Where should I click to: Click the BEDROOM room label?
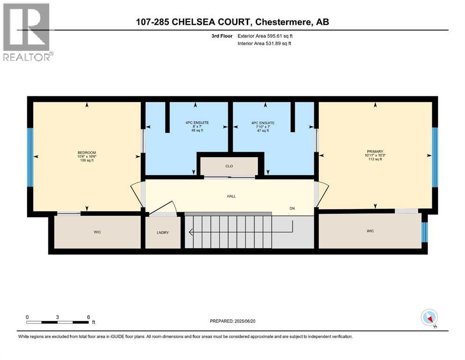(x=87, y=153)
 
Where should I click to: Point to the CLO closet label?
(x=229, y=166)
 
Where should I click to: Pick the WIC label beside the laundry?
(x=97, y=231)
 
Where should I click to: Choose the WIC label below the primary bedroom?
(x=370, y=231)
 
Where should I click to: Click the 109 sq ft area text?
(x=87, y=161)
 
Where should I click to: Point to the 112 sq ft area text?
(x=374, y=159)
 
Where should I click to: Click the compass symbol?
(x=429, y=318)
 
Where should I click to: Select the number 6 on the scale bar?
(x=88, y=317)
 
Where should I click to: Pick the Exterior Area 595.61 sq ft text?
(x=265, y=36)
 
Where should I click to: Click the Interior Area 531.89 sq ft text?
(x=265, y=44)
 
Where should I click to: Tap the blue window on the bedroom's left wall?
(x=30, y=157)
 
